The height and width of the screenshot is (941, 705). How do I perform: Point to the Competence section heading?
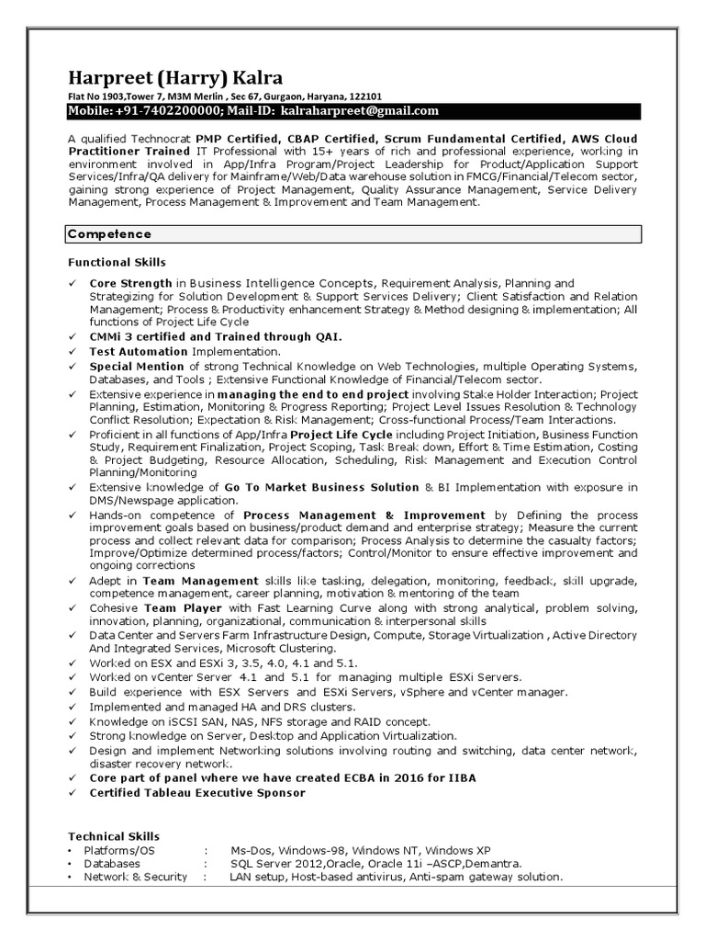(x=109, y=234)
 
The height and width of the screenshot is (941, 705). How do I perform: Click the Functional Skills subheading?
(x=116, y=263)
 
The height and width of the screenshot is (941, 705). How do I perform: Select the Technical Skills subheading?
(x=114, y=836)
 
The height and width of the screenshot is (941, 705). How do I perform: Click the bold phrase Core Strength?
(x=130, y=284)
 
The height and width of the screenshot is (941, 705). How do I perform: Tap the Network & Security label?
(x=135, y=878)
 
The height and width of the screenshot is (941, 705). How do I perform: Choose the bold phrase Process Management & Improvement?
(x=364, y=516)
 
